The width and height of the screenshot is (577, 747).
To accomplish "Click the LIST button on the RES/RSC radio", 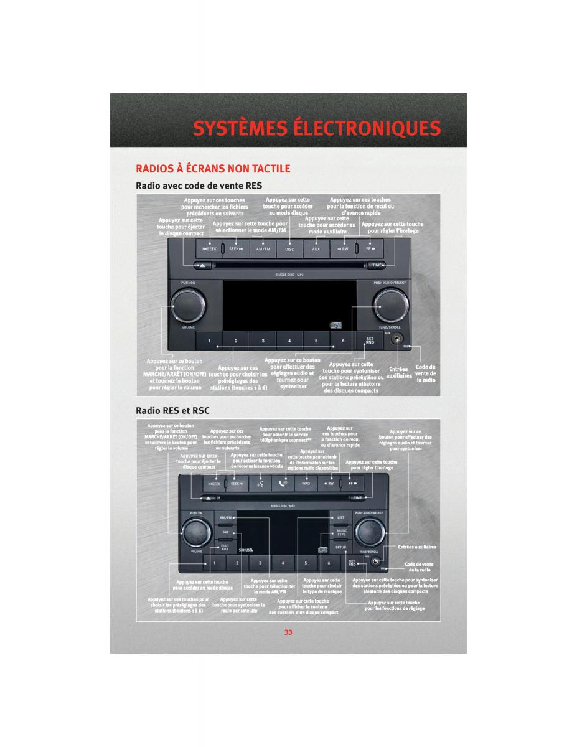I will (340, 517).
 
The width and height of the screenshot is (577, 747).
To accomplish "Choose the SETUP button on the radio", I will (340, 548).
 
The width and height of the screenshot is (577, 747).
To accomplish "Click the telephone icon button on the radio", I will (283, 483).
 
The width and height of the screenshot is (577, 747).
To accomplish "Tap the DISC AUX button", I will (224, 548).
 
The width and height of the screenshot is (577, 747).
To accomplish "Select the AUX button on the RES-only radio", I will (316, 249).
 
